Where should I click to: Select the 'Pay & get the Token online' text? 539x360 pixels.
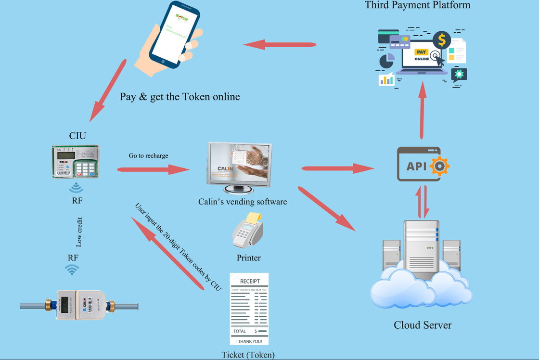click(180, 97)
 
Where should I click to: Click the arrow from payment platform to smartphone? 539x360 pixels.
click(280, 45)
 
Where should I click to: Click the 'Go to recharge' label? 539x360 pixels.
click(148, 155)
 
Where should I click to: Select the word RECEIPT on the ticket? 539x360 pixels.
click(249, 282)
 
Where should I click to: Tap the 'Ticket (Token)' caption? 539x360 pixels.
click(248, 355)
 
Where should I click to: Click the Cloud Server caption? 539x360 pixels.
click(423, 325)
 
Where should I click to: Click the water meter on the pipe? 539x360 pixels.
click(79, 305)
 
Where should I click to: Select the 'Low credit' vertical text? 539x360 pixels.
click(79, 232)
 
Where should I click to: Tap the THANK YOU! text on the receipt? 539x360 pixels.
click(249, 341)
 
